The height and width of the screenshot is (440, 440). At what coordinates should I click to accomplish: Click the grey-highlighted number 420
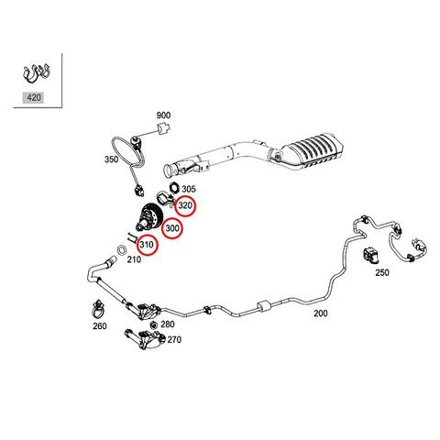(34, 98)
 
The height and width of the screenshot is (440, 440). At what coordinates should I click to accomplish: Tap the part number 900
(163, 115)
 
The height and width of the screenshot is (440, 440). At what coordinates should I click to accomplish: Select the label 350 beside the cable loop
(111, 159)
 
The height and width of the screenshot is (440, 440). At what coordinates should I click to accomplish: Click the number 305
(189, 189)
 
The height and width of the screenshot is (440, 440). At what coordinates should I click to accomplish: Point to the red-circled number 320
(185, 205)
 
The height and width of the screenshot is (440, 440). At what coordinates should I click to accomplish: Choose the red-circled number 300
(172, 228)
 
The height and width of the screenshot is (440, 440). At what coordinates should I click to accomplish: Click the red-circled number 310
(147, 245)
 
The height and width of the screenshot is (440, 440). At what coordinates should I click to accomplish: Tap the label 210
(134, 259)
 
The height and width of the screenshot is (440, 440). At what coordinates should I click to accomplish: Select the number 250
(382, 272)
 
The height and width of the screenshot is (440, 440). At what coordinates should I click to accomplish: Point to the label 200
(321, 313)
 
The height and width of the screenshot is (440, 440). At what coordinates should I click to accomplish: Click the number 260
(100, 326)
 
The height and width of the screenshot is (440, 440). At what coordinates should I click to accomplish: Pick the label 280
(168, 324)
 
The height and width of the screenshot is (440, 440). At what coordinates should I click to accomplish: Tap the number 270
(174, 339)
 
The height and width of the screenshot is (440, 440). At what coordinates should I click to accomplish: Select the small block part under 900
(163, 128)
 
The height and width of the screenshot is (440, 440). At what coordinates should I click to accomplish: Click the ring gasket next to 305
(174, 187)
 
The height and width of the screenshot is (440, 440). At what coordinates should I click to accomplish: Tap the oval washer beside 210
(122, 249)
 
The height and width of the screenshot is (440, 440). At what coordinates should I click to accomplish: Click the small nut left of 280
(154, 324)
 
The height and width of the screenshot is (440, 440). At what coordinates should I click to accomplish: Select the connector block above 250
(370, 256)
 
